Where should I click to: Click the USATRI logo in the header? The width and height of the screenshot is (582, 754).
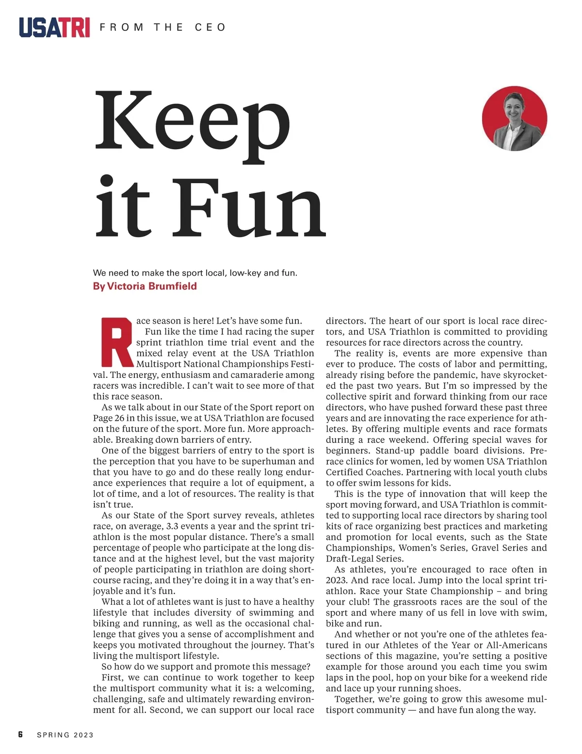coord(54,27)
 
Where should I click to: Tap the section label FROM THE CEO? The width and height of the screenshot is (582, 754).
coord(162,27)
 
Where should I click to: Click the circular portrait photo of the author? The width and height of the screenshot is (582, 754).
coord(514,119)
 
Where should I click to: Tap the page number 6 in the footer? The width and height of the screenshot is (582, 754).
coord(20,735)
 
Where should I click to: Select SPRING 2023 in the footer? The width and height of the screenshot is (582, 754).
coord(65,735)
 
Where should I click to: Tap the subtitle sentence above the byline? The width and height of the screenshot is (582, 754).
coord(195,273)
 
